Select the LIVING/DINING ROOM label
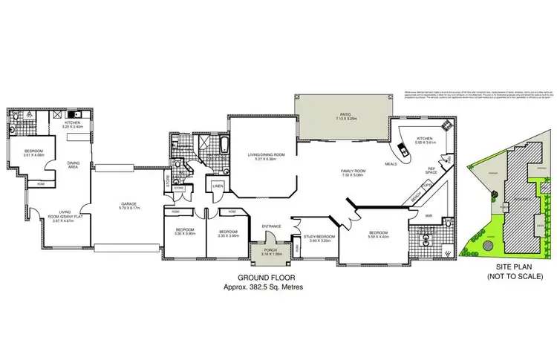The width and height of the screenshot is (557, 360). (x=266, y=154)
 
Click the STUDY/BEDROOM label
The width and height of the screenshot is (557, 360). (x=319, y=237)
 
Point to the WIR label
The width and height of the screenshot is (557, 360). (x=429, y=217)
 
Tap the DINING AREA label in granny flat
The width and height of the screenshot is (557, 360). (x=74, y=166)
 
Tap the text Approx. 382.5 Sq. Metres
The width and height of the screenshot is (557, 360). (x=264, y=287)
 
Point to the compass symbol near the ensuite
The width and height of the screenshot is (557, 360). (x=448, y=251)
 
